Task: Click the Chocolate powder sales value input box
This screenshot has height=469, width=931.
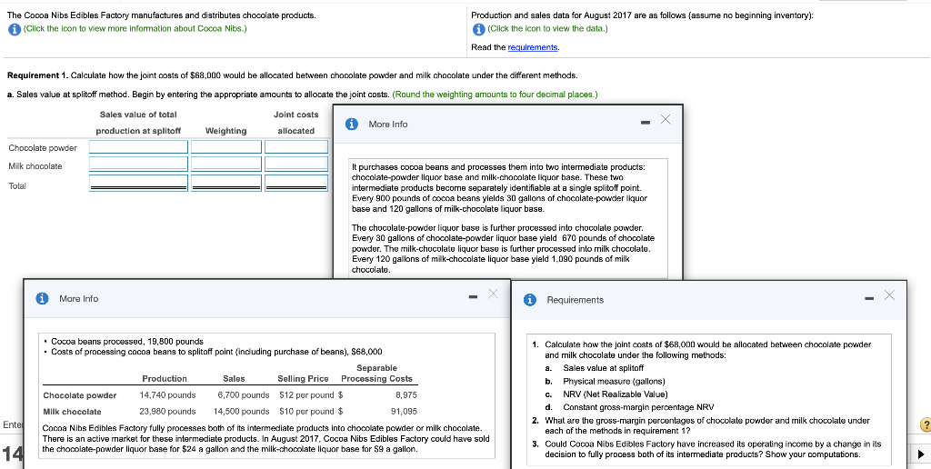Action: [x=138, y=147]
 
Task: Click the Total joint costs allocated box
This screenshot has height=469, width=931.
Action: [x=295, y=185]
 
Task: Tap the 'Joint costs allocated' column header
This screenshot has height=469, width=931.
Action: [x=295, y=123]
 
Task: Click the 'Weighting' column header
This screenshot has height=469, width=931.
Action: [x=225, y=131]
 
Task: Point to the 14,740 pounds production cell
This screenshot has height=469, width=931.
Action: [x=167, y=395]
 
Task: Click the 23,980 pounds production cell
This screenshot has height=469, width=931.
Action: [x=167, y=412]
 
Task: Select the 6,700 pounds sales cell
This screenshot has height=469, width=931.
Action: [x=243, y=395]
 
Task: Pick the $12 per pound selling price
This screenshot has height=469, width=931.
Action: [x=306, y=395]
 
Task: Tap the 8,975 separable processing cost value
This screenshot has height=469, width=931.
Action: [x=405, y=395]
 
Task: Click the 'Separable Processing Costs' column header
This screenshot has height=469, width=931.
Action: [x=376, y=373]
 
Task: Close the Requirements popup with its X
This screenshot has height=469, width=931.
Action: [x=888, y=295]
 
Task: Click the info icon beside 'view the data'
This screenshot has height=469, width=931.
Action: [x=478, y=28]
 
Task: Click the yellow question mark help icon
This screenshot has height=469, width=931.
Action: [x=923, y=424]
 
